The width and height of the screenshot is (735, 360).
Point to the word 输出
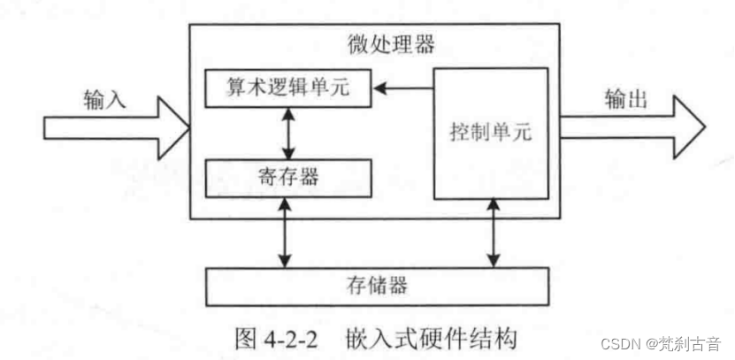pos(626,98)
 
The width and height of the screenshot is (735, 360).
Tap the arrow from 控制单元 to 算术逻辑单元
pos(402,88)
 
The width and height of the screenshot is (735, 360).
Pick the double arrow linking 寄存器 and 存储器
pos(284,232)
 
